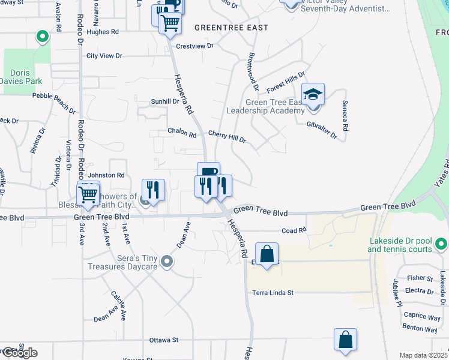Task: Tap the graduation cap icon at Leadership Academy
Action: pyautogui.click(x=313, y=94)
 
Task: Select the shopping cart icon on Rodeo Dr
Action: pyautogui.click(x=88, y=194)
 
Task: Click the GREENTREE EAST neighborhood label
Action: pyautogui.click(x=231, y=28)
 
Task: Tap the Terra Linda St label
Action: pyautogui.click(x=273, y=293)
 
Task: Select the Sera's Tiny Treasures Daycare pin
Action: pyautogui.click(x=167, y=262)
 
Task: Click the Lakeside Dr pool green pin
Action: pyautogui.click(x=441, y=244)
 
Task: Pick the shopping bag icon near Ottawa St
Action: pyautogui.click(x=346, y=340)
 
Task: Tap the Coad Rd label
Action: pyautogui.click(x=294, y=230)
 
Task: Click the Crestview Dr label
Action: pyautogui.click(x=194, y=46)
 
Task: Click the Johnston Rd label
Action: pyautogui.click(x=106, y=175)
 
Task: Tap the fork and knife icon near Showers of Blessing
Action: pyautogui.click(x=153, y=191)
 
